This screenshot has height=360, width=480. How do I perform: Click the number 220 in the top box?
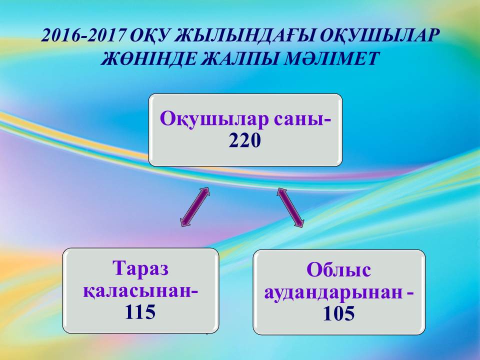[x=245, y=141]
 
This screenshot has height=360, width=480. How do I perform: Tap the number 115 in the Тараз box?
[x=140, y=312]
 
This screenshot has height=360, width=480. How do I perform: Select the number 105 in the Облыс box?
[x=339, y=314]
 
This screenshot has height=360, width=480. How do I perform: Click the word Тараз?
[x=141, y=268]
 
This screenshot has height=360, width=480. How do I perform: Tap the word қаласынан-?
[x=140, y=291]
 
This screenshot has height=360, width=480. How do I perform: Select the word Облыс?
[x=339, y=269]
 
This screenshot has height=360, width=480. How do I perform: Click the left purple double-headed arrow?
[x=195, y=207]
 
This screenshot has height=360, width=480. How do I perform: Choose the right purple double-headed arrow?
[x=290, y=207]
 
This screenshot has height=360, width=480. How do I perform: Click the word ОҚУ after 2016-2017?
[x=150, y=36]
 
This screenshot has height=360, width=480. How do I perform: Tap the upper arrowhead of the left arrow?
[x=205, y=191]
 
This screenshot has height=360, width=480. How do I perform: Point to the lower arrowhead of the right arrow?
[x=299, y=223]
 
